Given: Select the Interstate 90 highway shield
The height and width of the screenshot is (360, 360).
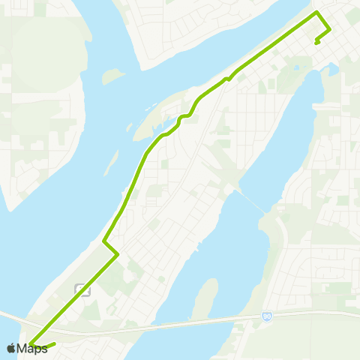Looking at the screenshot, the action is tap(267, 317).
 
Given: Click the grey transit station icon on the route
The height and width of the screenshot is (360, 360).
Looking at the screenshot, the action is tap(82, 289).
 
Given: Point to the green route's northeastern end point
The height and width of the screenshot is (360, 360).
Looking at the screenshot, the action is tap(317, 42).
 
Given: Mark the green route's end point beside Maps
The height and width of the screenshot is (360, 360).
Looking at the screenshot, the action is tap(55, 344).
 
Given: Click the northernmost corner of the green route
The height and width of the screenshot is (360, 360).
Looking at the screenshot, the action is tap(317, 13).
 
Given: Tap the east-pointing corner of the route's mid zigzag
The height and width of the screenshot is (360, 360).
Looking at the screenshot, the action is tap(118, 255).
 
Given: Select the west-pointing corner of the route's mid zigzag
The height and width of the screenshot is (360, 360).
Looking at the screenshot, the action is tap(103, 241).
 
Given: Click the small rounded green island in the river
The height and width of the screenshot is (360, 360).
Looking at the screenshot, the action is tap(112, 76).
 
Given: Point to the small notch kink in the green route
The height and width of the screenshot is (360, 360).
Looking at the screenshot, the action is tap(226, 78).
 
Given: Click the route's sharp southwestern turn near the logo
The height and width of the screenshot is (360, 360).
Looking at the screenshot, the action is tap(31, 344).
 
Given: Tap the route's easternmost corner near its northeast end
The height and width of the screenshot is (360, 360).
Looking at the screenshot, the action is tap(330, 29).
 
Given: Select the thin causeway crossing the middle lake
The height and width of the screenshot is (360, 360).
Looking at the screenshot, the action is tap(251, 200).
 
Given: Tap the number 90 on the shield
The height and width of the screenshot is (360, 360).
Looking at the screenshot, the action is tap(267, 317).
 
